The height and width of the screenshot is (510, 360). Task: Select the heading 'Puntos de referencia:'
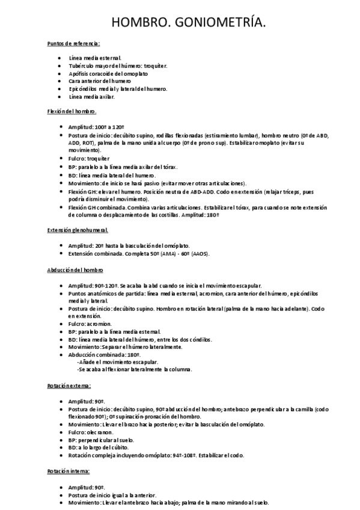click(73, 43)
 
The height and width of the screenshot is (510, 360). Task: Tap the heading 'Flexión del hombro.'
click(72, 112)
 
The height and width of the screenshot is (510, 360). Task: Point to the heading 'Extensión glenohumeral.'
click(78, 230)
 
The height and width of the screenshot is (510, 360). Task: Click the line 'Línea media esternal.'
click(95, 58)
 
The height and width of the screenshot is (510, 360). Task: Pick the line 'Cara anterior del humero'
click(100, 81)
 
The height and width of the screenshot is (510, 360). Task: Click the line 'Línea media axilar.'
click(92, 96)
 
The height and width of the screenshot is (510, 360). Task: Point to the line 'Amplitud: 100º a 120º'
click(96, 127)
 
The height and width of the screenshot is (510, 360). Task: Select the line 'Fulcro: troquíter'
click(89, 158)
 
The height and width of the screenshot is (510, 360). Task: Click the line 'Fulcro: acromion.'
click(90, 324)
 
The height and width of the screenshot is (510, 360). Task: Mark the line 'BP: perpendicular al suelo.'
click(102, 440)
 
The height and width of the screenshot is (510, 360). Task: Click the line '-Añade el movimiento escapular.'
click(118, 362)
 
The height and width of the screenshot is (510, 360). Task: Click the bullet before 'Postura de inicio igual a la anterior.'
click(59, 494)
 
